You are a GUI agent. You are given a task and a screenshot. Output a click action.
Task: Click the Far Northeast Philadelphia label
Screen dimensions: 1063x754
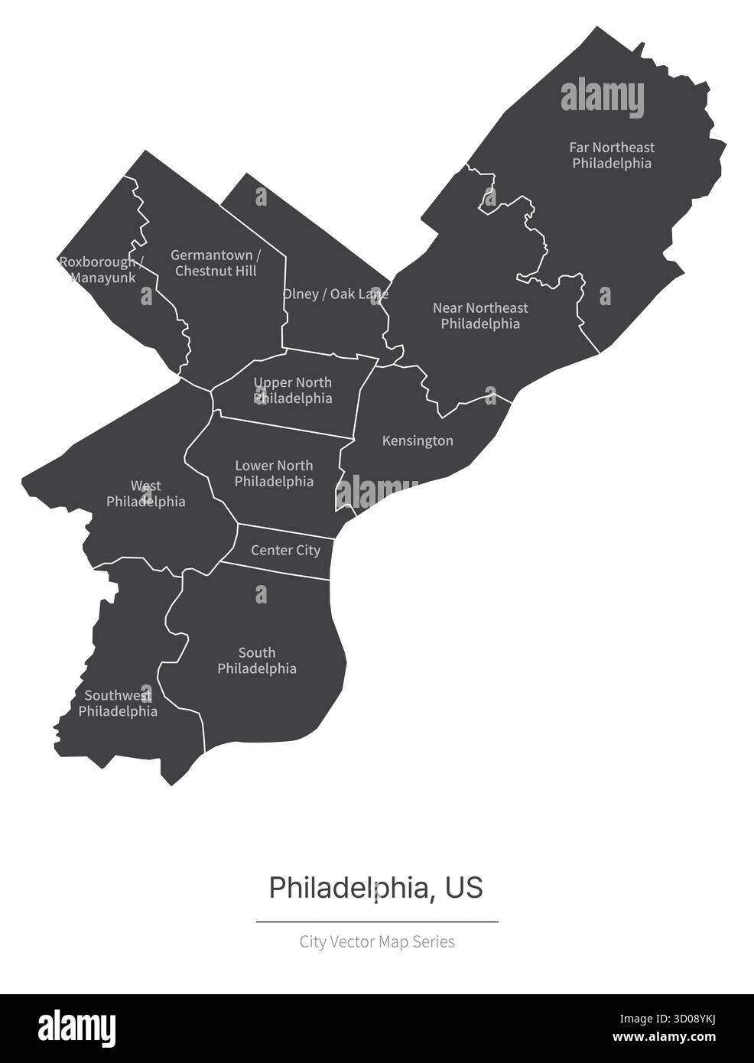point(612,155)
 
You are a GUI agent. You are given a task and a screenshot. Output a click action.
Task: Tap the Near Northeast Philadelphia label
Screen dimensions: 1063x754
point(480,316)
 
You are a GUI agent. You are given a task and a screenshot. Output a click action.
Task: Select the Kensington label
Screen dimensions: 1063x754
point(418,441)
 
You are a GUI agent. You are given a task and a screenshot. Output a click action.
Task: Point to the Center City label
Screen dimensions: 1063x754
point(285,551)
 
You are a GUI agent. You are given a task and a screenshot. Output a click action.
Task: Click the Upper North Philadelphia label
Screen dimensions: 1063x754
point(293,390)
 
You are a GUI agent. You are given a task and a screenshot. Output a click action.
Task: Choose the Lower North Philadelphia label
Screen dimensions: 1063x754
point(274,473)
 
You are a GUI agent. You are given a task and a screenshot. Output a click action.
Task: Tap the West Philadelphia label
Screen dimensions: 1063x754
point(145,494)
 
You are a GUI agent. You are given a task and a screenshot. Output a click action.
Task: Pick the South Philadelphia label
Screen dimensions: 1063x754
point(257,661)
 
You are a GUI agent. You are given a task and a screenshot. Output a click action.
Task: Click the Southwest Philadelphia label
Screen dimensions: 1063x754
point(118,704)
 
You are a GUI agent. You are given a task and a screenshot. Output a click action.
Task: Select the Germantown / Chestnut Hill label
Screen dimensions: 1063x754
point(216,263)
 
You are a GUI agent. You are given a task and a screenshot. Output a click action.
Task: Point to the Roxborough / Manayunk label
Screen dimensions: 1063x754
point(98,270)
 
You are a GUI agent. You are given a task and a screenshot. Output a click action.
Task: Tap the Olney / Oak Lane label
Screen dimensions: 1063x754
point(335,294)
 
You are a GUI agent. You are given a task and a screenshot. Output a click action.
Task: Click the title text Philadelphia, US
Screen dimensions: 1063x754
point(376,888)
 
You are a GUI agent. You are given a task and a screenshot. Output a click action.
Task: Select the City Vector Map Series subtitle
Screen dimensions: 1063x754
point(377,941)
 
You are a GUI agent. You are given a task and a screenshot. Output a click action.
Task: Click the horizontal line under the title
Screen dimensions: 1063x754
point(377,922)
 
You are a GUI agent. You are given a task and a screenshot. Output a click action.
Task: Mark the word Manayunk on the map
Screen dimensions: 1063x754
point(103,278)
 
